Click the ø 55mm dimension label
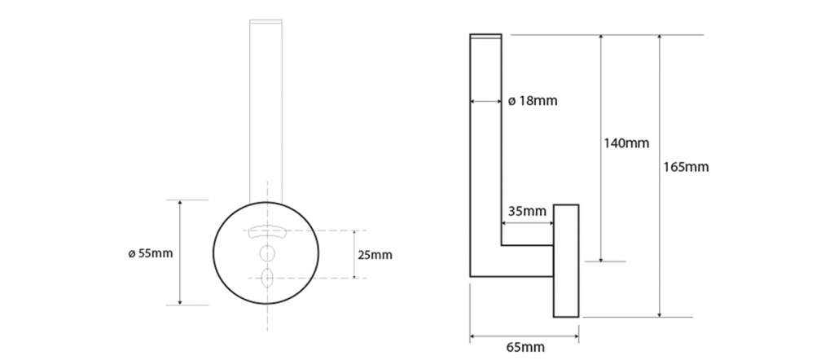(151, 253)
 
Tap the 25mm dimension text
(375, 255)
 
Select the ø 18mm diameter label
(533, 100)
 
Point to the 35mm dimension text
(527, 211)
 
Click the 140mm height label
(626, 143)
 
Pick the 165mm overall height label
(686, 167)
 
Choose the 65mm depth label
(525, 347)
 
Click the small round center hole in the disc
(266, 252)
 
